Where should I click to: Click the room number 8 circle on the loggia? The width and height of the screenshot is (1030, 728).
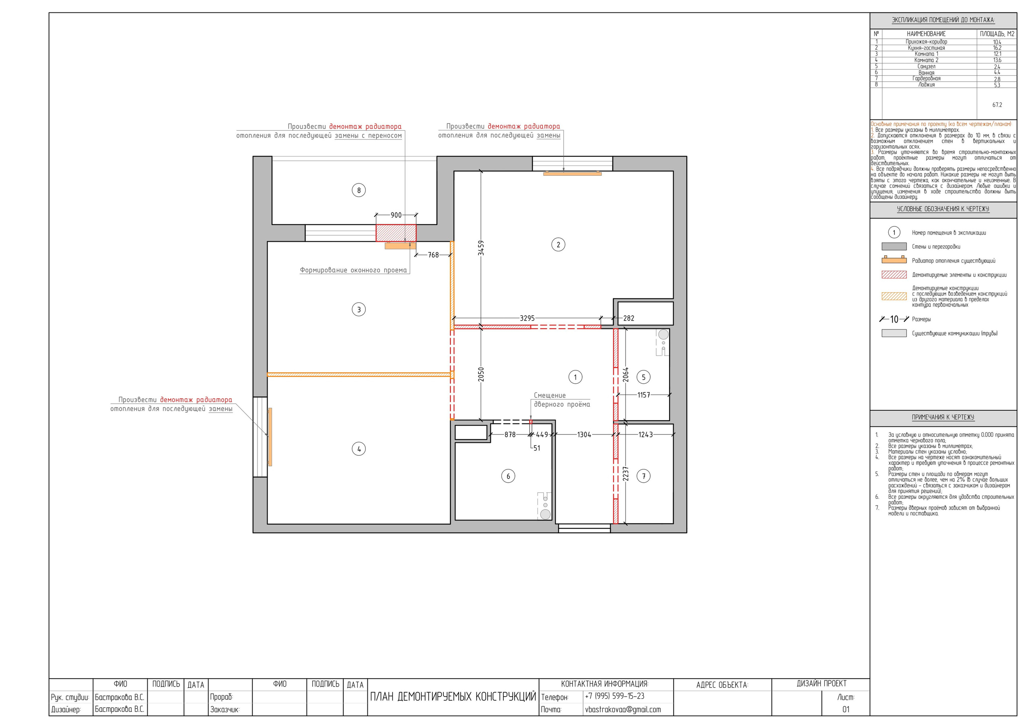[x=358, y=190]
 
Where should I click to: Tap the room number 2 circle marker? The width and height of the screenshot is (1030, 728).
[x=558, y=245]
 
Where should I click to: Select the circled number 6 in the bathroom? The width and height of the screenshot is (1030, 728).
[x=508, y=476]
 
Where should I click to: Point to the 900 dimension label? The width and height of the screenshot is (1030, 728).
[x=396, y=215]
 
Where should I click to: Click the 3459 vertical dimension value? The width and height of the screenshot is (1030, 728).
[x=481, y=248]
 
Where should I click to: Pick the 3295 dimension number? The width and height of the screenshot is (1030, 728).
[x=527, y=318]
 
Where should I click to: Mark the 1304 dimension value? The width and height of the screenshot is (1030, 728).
[x=584, y=435]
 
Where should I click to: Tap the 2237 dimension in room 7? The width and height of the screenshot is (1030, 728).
[x=626, y=474]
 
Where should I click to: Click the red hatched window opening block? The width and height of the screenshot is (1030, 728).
[x=396, y=233]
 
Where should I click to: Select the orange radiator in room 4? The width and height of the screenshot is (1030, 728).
[x=270, y=436]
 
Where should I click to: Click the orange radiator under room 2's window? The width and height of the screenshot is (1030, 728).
[x=572, y=173]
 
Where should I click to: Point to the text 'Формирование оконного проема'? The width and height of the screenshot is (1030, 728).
[x=354, y=270]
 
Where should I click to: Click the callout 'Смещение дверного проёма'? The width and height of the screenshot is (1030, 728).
[x=562, y=400]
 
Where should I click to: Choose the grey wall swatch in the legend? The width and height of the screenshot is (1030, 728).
[x=894, y=246]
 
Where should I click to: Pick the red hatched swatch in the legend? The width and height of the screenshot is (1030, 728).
[x=894, y=275]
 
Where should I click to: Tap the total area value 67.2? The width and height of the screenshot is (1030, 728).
[x=997, y=105]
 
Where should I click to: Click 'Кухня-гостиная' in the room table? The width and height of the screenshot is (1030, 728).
[x=926, y=47]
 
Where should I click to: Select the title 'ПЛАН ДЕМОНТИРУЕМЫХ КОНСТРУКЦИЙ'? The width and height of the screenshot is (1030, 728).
[x=453, y=697]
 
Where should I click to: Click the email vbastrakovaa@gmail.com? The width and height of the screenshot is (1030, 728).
[x=623, y=709]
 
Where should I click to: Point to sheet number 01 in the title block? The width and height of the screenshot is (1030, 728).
[x=846, y=709]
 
